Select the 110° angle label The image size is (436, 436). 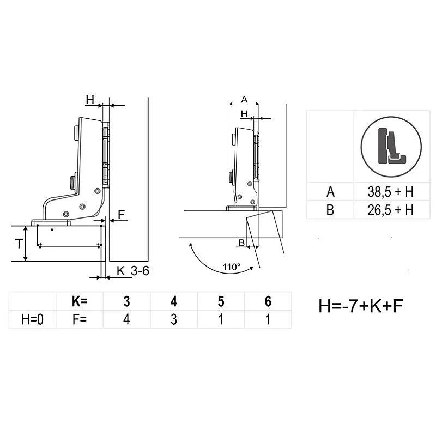[232, 267]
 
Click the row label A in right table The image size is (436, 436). [330, 192]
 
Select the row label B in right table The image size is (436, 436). [330, 210]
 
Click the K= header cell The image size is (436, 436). [80, 301]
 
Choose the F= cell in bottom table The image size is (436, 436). [80, 319]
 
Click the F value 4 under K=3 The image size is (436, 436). [126, 319]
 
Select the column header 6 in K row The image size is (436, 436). [268, 301]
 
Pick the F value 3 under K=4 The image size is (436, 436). [173, 319]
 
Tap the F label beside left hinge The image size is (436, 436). [122, 215]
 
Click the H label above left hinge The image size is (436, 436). [90, 100]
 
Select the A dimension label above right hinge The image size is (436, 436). [244, 99]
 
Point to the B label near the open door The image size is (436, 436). [241, 242]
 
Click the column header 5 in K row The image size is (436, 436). [221, 301]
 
